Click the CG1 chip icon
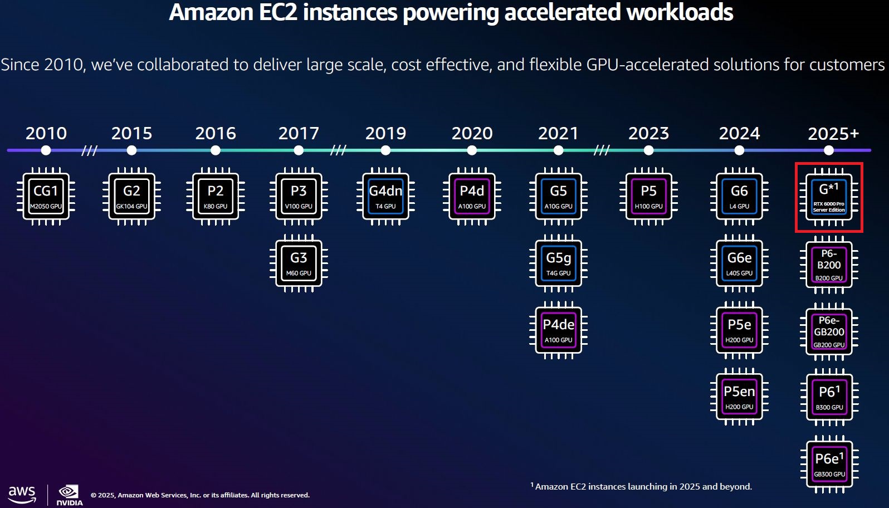pyautogui.click(x=46, y=196)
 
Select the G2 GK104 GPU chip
pyautogui.click(x=131, y=196)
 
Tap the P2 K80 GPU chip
pyautogui.click(x=216, y=196)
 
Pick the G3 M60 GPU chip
pyautogui.click(x=299, y=263)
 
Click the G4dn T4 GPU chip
pyautogui.click(x=385, y=196)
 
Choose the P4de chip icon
pyautogui.click(x=558, y=330)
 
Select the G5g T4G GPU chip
pyautogui.click(x=558, y=263)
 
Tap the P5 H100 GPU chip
pyautogui.click(x=648, y=196)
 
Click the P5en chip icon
pyautogui.click(x=739, y=397)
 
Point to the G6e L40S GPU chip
pyautogui.click(x=739, y=263)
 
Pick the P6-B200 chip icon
pyautogui.click(x=829, y=265)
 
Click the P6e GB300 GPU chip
pyautogui.click(x=829, y=464)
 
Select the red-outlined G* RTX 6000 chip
pyautogui.click(x=829, y=197)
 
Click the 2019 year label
pyautogui.click(x=385, y=133)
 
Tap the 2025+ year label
pyautogui.click(x=833, y=134)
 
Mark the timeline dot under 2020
pyautogui.click(x=472, y=150)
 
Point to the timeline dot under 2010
pyautogui.click(x=46, y=150)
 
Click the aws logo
pyautogui.click(x=22, y=494)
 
